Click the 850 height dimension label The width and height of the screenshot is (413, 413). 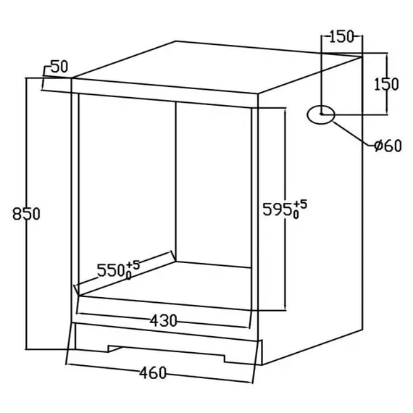(26, 214)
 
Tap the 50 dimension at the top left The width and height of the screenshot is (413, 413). (59, 67)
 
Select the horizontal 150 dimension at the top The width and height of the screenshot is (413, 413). (341, 37)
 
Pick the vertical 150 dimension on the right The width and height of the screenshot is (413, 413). (386, 84)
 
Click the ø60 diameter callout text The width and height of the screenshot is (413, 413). (388, 146)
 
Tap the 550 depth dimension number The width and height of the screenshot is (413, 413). (111, 270)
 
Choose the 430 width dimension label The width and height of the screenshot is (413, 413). (163, 321)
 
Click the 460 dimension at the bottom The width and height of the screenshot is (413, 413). (153, 373)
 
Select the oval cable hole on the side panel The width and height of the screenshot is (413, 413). (321, 114)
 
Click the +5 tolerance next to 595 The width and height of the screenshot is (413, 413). (300, 204)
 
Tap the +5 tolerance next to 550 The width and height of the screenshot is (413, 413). (133, 265)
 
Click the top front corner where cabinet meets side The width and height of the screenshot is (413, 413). (258, 93)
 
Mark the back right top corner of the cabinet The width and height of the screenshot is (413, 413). (362, 57)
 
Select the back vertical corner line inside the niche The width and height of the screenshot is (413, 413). (175, 181)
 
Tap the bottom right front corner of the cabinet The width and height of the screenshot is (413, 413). (262, 364)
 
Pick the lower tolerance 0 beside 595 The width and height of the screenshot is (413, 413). (296, 215)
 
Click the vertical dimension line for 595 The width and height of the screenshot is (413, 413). (285, 209)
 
